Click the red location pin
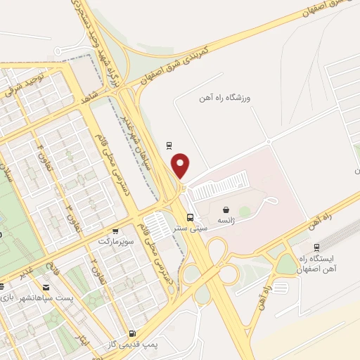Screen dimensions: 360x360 181,165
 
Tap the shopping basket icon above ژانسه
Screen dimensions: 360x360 226,210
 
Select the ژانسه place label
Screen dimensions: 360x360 226,221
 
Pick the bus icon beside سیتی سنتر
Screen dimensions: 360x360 191,217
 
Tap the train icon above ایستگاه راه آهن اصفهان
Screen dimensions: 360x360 316,247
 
